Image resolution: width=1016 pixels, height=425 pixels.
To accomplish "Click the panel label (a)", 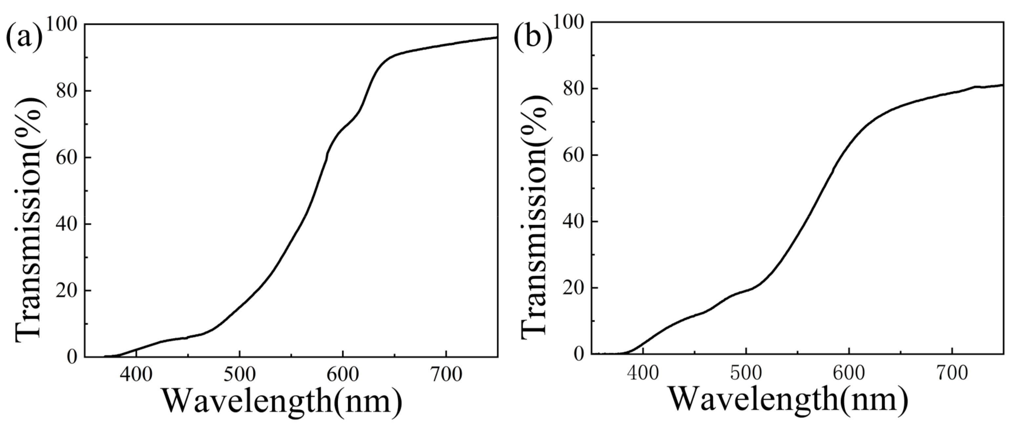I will click(24, 37).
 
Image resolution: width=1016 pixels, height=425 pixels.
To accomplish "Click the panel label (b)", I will click(533, 37).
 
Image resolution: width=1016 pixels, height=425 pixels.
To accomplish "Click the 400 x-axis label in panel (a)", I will click(136, 374).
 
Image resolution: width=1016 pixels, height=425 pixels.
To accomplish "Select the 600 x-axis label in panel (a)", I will click(343, 374).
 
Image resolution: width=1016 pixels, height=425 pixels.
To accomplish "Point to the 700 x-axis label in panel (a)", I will click(446, 374).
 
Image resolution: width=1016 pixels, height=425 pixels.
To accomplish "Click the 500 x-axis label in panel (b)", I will click(746, 373).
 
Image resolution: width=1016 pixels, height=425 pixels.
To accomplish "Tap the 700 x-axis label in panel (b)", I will click(952, 373).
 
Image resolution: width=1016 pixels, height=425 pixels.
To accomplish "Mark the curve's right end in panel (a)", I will click(497, 37).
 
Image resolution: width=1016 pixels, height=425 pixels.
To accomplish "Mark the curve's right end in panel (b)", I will click(1003, 85).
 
